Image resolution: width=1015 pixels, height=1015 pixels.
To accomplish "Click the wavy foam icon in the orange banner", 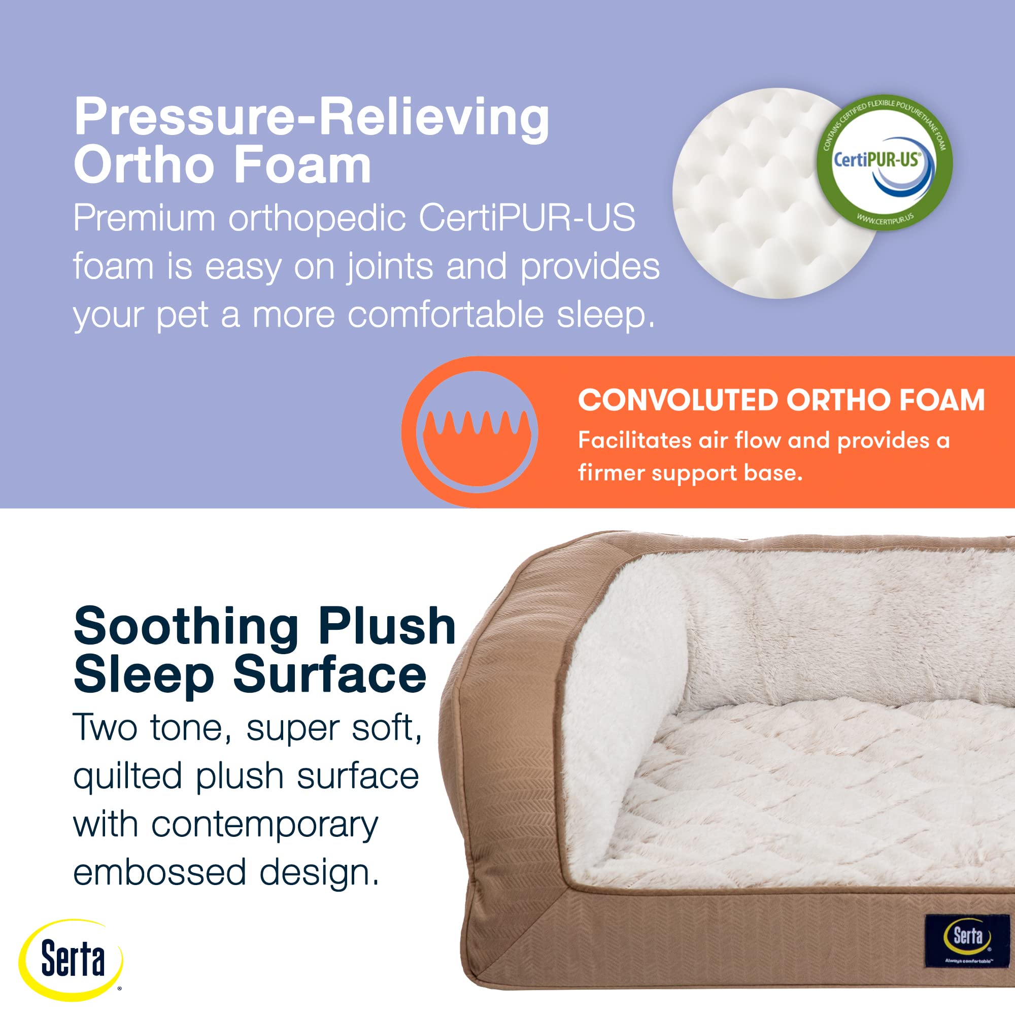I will click(x=477, y=432).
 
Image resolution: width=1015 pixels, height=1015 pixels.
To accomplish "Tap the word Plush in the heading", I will click(x=387, y=626).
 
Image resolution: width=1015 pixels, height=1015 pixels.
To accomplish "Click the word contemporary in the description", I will click(x=264, y=825).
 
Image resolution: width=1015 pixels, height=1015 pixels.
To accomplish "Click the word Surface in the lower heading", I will click(x=329, y=674).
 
